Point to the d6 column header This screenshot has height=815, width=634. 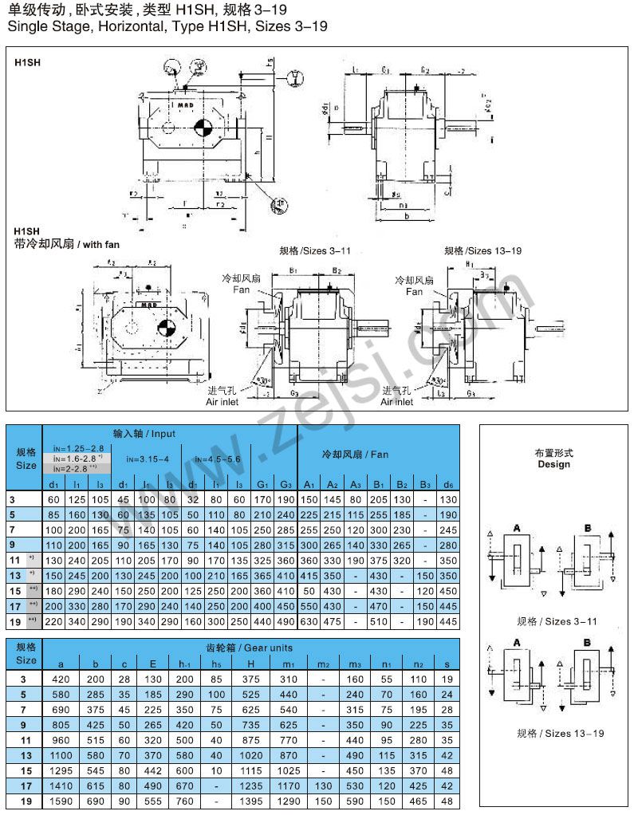pos(448,485)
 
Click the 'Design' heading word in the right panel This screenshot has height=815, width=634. pos(553,464)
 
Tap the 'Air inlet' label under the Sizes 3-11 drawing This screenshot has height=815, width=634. pos(222,402)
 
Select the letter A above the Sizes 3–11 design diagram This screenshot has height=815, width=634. pos(518,528)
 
